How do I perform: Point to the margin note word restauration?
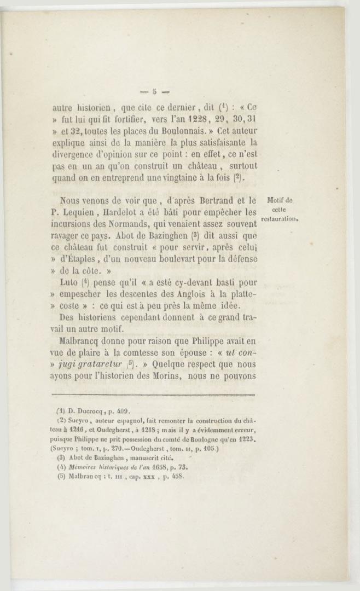[x=280, y=219]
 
